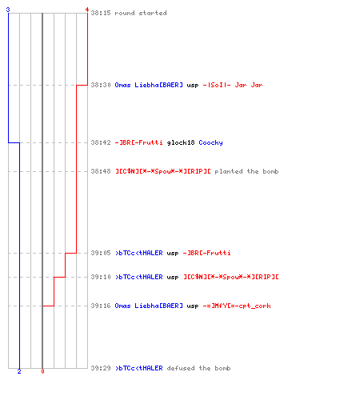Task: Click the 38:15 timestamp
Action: (x=101, y=13)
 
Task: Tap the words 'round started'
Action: (x=141, y=13)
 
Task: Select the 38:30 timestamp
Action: (x=101, y=85)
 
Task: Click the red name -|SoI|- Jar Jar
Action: (x=233, y=85)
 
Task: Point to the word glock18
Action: (x=181, y=142)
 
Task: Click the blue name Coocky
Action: (x=210, y=142)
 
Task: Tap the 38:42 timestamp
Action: (x=101, y=142)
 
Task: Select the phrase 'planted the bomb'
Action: (x=246, y=171)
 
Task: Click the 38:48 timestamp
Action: (x=101, y=171)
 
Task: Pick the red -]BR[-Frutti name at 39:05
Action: (x=206, y=253)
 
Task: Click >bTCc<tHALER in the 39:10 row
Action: (x=139, y=277)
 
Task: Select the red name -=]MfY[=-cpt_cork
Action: (x=237, y=306)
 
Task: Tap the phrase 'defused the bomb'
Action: (x=198, y=368)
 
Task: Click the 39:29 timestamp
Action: (x=101, y=368)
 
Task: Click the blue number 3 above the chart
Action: (x=8, y=10)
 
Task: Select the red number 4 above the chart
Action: (x=87, y=10)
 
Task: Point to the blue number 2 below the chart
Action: (x=19, y=371)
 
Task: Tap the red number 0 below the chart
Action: (x=42, y=371)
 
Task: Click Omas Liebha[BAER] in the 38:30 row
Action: (x=149, y=85)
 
